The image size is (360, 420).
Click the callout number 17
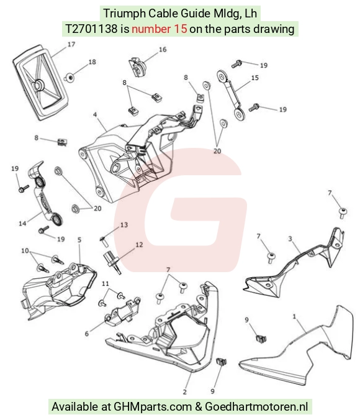[71, 44]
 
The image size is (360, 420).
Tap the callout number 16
[163, 50]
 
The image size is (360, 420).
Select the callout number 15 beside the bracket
[255, 78]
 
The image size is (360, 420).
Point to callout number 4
[95, 115]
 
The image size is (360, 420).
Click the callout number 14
[22, 223]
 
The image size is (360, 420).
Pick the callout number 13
[124, 225]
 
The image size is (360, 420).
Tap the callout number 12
[139, 245]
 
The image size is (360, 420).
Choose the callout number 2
[185, 392]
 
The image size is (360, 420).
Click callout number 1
[294, 317]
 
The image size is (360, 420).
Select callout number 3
[290, 239]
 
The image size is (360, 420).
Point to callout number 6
[87, 334]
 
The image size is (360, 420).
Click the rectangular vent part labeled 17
[40, 83]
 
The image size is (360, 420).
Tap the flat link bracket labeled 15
[231, 95]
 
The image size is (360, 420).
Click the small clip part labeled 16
[137, 67]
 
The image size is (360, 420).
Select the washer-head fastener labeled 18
[70, 78]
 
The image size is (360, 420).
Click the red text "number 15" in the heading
[160, 29]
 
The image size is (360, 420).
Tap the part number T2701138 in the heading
[91, 29]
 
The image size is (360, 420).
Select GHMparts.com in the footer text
[153, 406]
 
